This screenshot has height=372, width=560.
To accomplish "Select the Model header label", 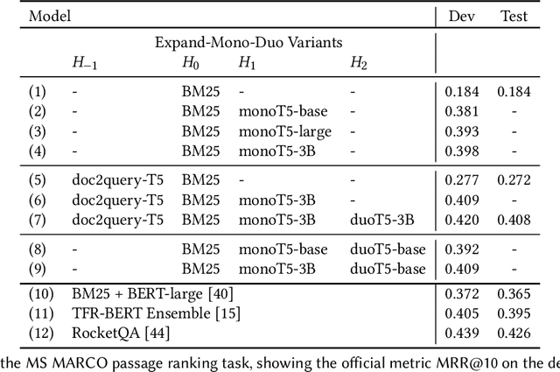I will [x=24, y=16].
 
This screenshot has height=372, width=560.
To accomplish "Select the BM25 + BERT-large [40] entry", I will [x=152, y=294].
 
